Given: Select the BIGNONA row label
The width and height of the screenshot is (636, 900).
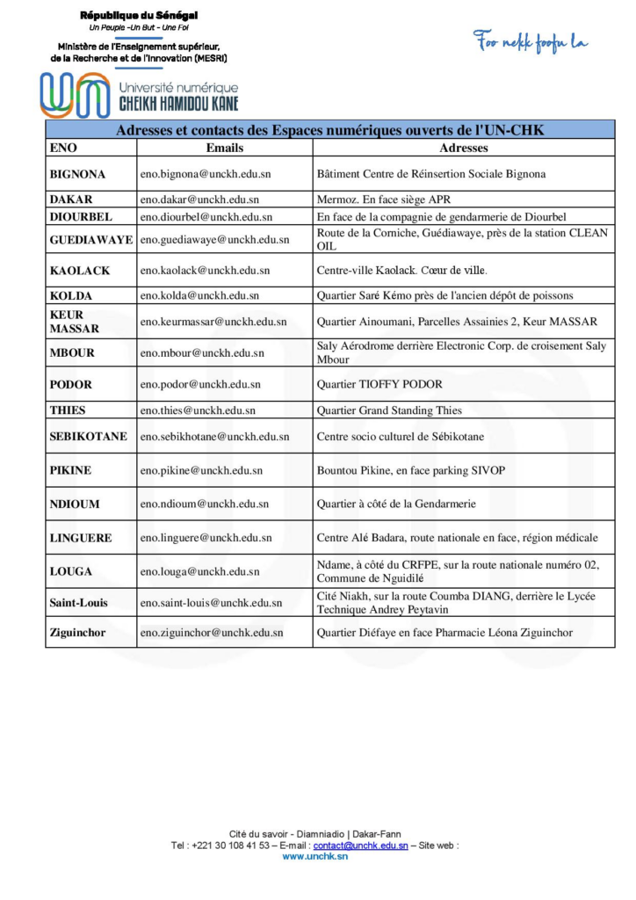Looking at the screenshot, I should pos(78,174).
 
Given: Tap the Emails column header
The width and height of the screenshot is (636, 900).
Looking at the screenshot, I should pos(224,149).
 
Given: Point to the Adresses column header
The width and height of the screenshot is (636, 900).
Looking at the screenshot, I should pos(463,149).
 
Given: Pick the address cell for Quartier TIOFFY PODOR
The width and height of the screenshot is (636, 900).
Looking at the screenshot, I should pos(379,384).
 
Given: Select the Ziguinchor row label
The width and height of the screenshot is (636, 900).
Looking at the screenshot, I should pos(82,632).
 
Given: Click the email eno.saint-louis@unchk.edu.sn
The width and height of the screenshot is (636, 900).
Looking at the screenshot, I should pos(211,602).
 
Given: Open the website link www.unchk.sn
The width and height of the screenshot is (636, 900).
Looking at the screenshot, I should pos(314,856).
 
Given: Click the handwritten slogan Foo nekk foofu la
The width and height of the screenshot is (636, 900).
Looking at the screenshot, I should pos(531,41).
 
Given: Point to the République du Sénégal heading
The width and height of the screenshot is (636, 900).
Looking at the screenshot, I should pos(139,16).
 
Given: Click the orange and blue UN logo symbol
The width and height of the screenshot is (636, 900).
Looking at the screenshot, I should pos(75,95).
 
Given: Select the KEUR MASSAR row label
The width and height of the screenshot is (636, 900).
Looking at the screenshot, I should pos(75,322).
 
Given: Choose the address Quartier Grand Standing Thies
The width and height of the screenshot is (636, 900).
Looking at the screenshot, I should pos(389,410).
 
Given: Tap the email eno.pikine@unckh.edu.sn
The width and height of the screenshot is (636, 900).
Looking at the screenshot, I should pos(201,470).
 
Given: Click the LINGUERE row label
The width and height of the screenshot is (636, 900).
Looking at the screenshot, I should pos(81,537).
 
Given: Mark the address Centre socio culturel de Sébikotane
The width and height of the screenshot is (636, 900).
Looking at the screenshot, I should pos(400,436).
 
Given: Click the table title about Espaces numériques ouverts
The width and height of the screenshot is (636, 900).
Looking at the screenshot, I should pos(330,130).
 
